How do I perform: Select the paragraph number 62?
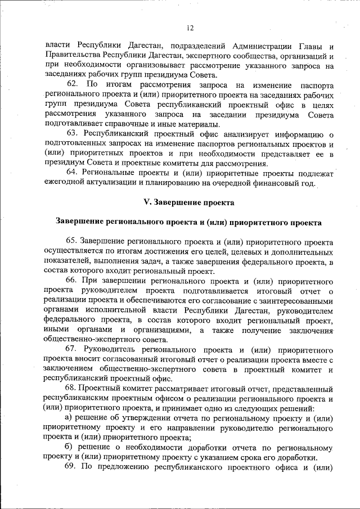pos(73,85)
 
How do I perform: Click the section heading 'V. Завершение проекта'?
pos(188,201)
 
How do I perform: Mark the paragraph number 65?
pos(73,242)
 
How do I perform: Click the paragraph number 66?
pos(73,280)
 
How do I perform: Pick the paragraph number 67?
pos(73,349)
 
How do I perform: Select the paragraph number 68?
pos(73,388)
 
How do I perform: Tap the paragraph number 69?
pos(73,466)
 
